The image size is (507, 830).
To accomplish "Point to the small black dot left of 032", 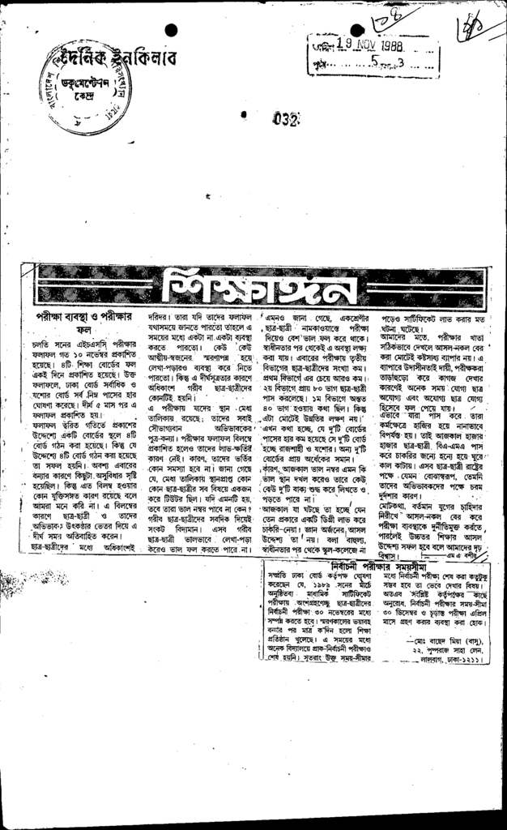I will pos(244,116).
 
